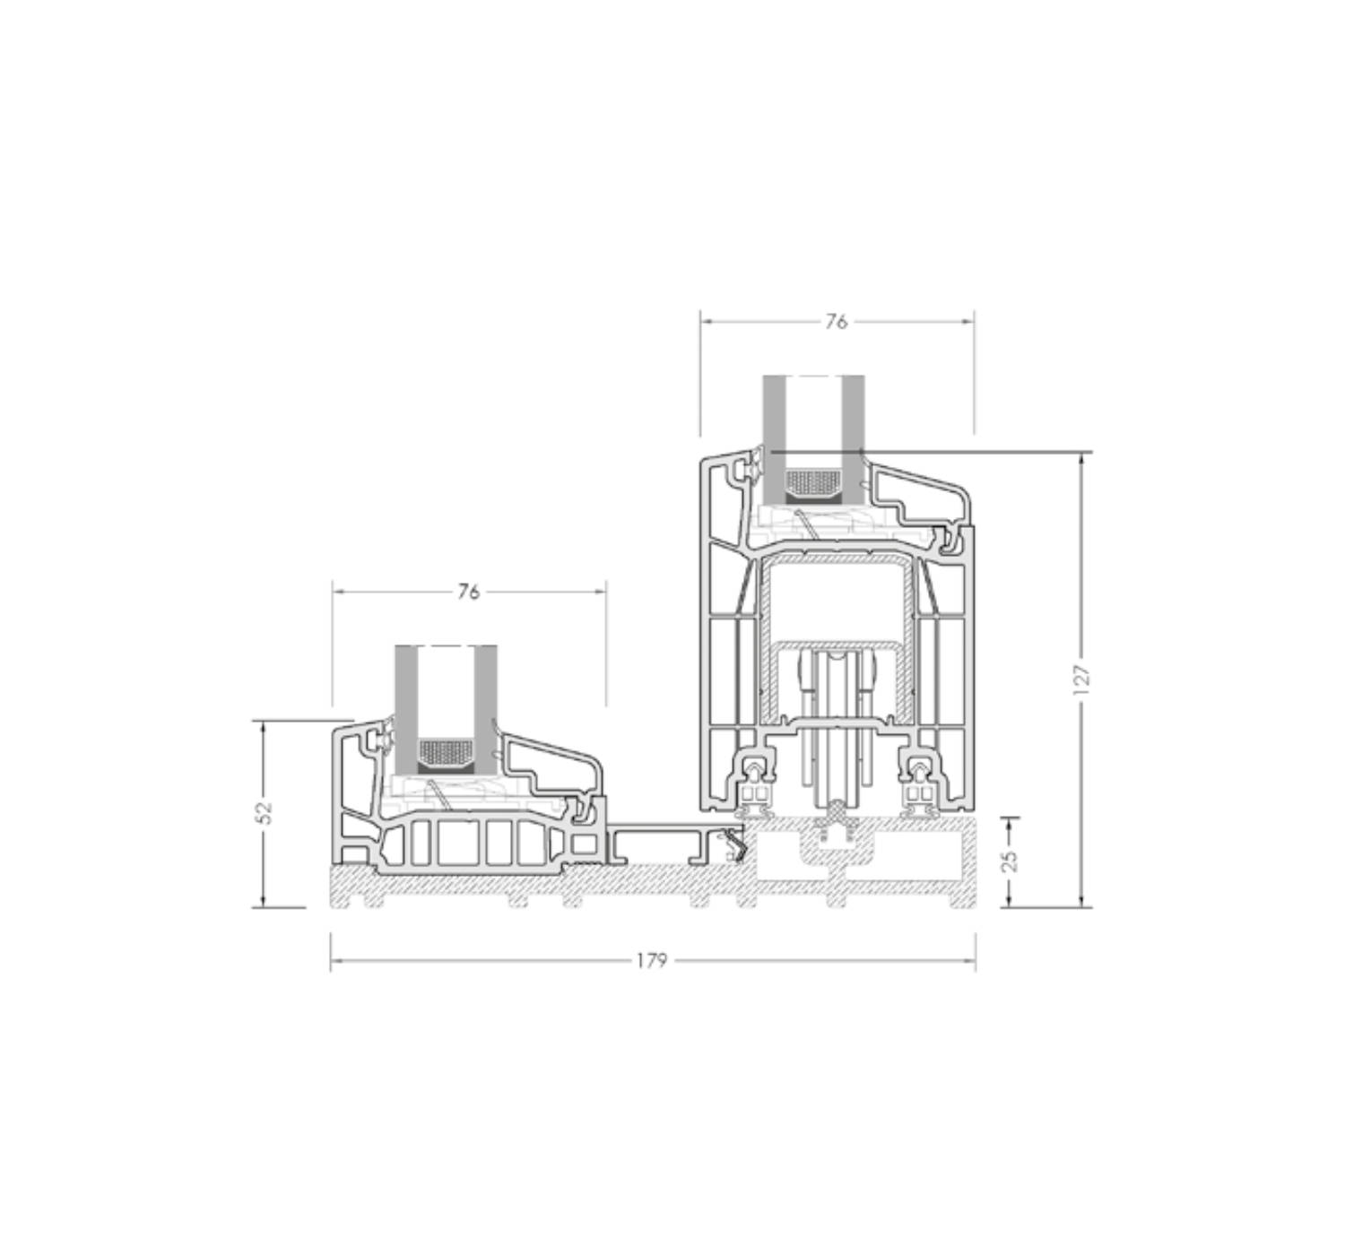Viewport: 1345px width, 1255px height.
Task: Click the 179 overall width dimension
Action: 652,960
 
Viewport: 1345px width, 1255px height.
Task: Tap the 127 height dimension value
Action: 1081,679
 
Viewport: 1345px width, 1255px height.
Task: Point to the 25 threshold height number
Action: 1009,861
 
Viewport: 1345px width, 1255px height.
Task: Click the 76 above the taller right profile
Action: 836,322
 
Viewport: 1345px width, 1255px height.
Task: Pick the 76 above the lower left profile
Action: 468,592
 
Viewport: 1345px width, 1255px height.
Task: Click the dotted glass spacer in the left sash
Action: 446,750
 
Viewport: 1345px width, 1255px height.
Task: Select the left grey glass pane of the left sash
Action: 405,710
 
